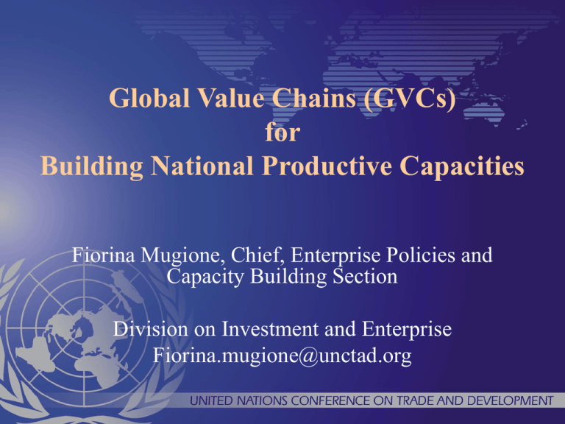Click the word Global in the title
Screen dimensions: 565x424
149,98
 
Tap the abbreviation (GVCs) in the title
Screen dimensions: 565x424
410,99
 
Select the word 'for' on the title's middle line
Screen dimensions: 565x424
282,132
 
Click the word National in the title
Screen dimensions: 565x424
202,166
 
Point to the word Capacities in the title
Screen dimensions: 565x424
461,166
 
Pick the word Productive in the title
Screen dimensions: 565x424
327,166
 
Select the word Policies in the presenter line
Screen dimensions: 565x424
421,255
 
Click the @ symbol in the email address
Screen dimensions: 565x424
308,356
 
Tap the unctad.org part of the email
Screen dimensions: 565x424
365,356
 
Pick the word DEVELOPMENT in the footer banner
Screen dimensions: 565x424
510,400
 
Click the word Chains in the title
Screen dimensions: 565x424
314,98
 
